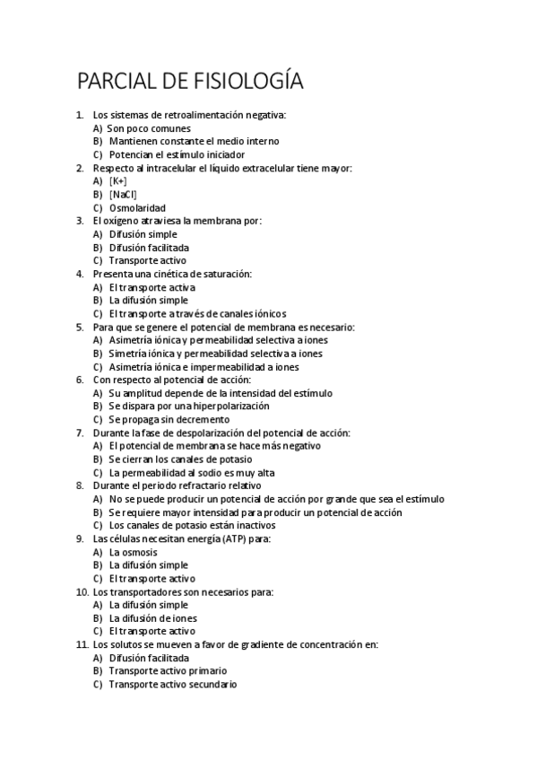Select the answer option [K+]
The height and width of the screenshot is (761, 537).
pos(118,181)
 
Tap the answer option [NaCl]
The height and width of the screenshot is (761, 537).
pos(124,195)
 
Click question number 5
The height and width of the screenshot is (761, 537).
pos(80,328)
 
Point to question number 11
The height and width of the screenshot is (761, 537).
pos(82,644)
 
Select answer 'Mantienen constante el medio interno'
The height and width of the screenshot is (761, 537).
pos(194,142)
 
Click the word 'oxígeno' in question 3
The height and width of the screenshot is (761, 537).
pos(122,221)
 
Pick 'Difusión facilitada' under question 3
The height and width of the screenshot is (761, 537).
pos(149,248)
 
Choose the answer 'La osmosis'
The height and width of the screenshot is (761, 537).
pos(133,552)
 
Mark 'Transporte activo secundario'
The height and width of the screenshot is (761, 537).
pos(173,684)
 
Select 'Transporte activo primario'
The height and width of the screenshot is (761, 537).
pos(168,670)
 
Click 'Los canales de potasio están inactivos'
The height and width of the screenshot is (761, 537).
pos(192,525)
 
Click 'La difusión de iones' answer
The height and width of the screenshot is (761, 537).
pos(153,617)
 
